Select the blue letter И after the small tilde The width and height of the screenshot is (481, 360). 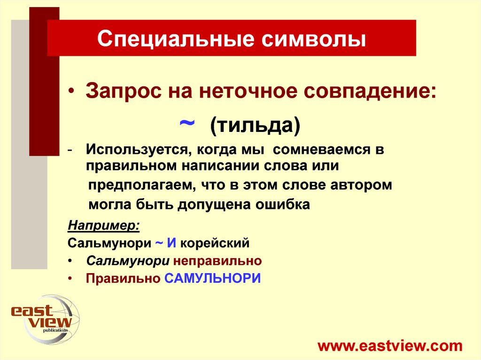pos(172,243)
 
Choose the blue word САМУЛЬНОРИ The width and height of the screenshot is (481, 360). pos(212,278)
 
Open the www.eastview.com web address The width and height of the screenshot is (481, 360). pos(390,346)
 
